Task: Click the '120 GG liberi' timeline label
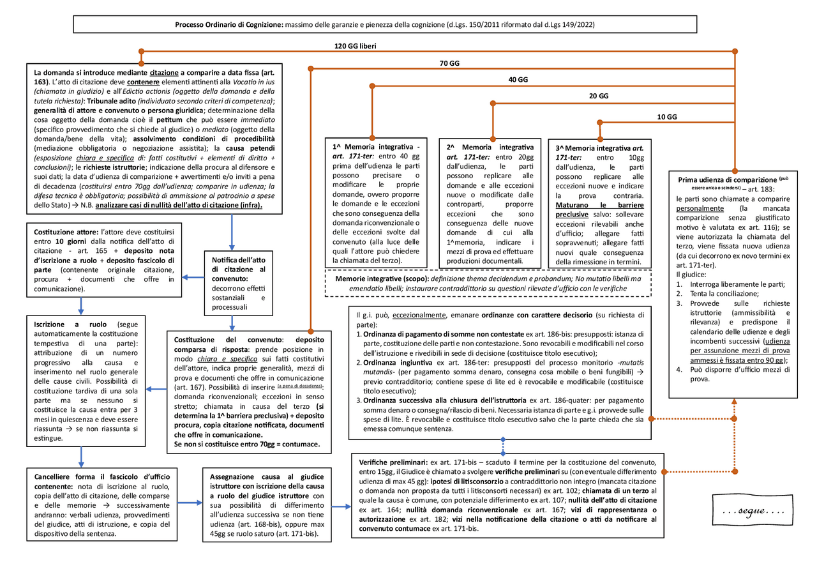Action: point(359,47)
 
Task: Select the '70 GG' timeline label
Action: point(449,63)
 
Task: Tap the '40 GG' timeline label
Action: point(518,80)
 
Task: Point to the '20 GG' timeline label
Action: point(598,96)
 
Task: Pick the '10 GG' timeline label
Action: point(667,117)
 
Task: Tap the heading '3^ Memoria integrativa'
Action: point(593,148)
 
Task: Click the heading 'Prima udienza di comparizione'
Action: point(727,180)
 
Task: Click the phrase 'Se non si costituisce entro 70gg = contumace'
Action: point(247,444)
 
